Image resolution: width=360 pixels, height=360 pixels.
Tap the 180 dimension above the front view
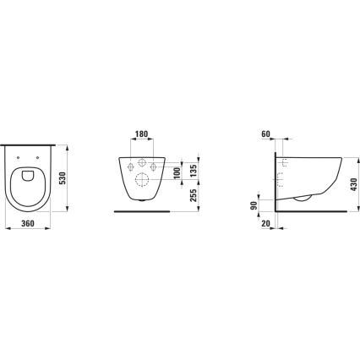141,134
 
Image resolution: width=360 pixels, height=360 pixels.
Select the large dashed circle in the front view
142,179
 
